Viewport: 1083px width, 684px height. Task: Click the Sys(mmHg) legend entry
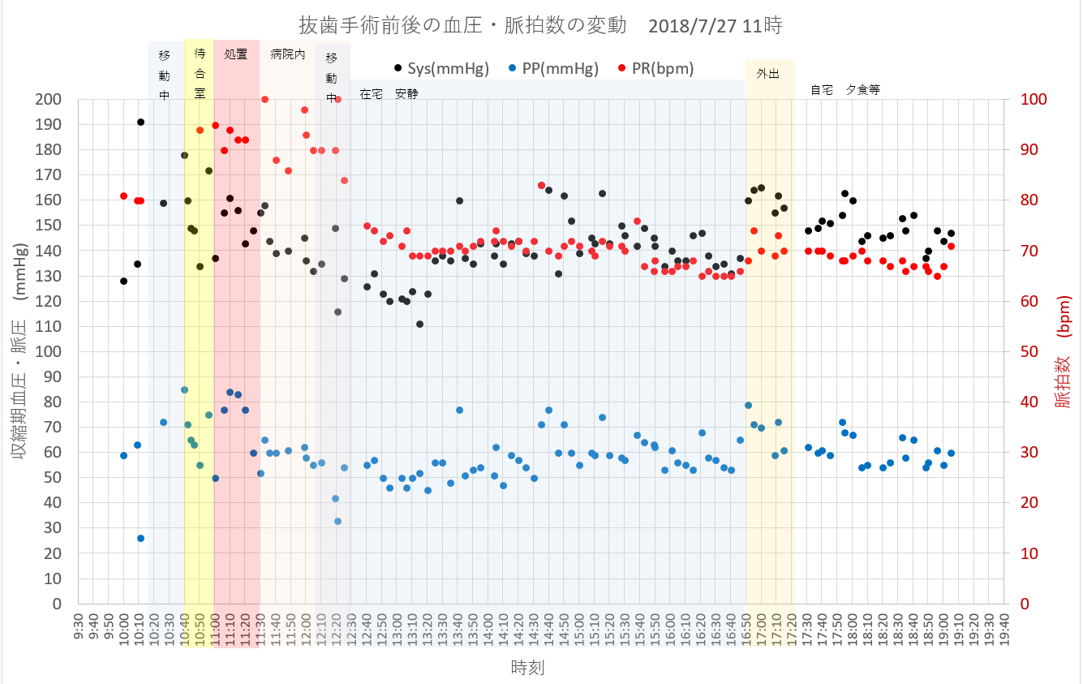coord(442,69)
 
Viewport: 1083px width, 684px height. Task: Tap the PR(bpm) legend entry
coord(658,69)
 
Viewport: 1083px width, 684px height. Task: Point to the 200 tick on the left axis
coord(49,100)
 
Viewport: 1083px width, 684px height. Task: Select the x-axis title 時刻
coord(527,668)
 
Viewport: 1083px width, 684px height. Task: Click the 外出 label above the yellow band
coord(767,73)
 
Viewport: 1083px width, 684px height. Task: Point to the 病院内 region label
coord(287,55)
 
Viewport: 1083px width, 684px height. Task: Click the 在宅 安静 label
coord(389,93)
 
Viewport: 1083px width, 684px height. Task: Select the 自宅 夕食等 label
coord(844,90)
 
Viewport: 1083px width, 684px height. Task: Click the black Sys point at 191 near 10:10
coord(140,122)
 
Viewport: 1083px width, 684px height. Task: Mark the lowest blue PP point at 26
coord(140,538)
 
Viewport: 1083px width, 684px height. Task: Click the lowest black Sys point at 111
coord(419,324)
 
